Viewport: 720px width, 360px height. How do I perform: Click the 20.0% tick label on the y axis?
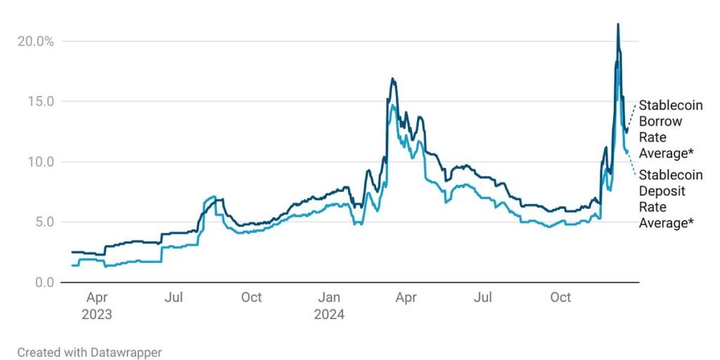click(x=35, y=41)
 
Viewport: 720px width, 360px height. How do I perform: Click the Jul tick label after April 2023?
click(x=174, y=297)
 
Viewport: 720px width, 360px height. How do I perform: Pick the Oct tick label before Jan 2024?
click(x=252, y=297)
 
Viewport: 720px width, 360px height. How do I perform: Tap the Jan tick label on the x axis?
click(x=329, y=297)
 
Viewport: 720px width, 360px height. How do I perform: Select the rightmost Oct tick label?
click(x=560, y=297)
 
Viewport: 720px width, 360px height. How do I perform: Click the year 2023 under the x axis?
click(x=97, y=315)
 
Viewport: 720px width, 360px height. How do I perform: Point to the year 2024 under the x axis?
click(x=329, y=315)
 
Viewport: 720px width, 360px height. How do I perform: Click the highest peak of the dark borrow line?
click(x=618, y=24)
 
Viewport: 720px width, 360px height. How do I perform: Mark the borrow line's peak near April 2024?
click(x=392, y=79)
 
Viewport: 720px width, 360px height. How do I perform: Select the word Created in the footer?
click(x=36, y=353)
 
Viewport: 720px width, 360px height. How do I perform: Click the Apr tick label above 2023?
click(x=97, y=298)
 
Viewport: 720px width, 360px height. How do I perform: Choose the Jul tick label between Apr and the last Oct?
click(x=484, y=297)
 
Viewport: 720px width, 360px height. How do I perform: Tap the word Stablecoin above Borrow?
click(x=671, y=105)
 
